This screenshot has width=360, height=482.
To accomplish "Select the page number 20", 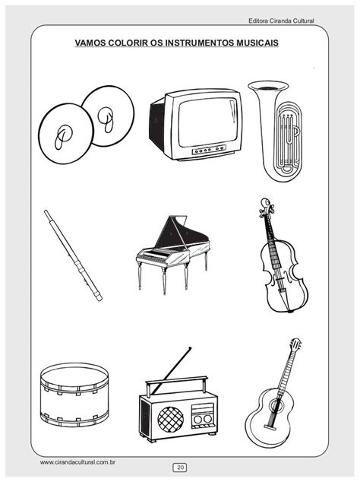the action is coord(180,468).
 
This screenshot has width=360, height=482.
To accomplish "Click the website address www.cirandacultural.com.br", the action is coord(77,462).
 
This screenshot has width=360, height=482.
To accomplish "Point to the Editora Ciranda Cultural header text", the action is coord(281,21).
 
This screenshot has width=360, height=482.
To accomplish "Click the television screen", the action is coord(207,122).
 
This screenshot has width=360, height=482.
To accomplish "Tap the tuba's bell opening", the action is coord(268,87).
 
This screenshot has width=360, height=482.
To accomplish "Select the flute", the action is coord(73,255).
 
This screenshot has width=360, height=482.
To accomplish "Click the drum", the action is coord(74,395).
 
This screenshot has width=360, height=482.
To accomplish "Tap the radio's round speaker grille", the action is coord(170,420).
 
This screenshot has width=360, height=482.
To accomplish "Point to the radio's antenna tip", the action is coord(191,348).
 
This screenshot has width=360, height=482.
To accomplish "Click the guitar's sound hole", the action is coord(275,406).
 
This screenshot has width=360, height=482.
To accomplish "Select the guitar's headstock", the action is coord(295,344).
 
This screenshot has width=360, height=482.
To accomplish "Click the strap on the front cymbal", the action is coord(62,137).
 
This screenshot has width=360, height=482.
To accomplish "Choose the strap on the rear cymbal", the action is coord(106,119).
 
